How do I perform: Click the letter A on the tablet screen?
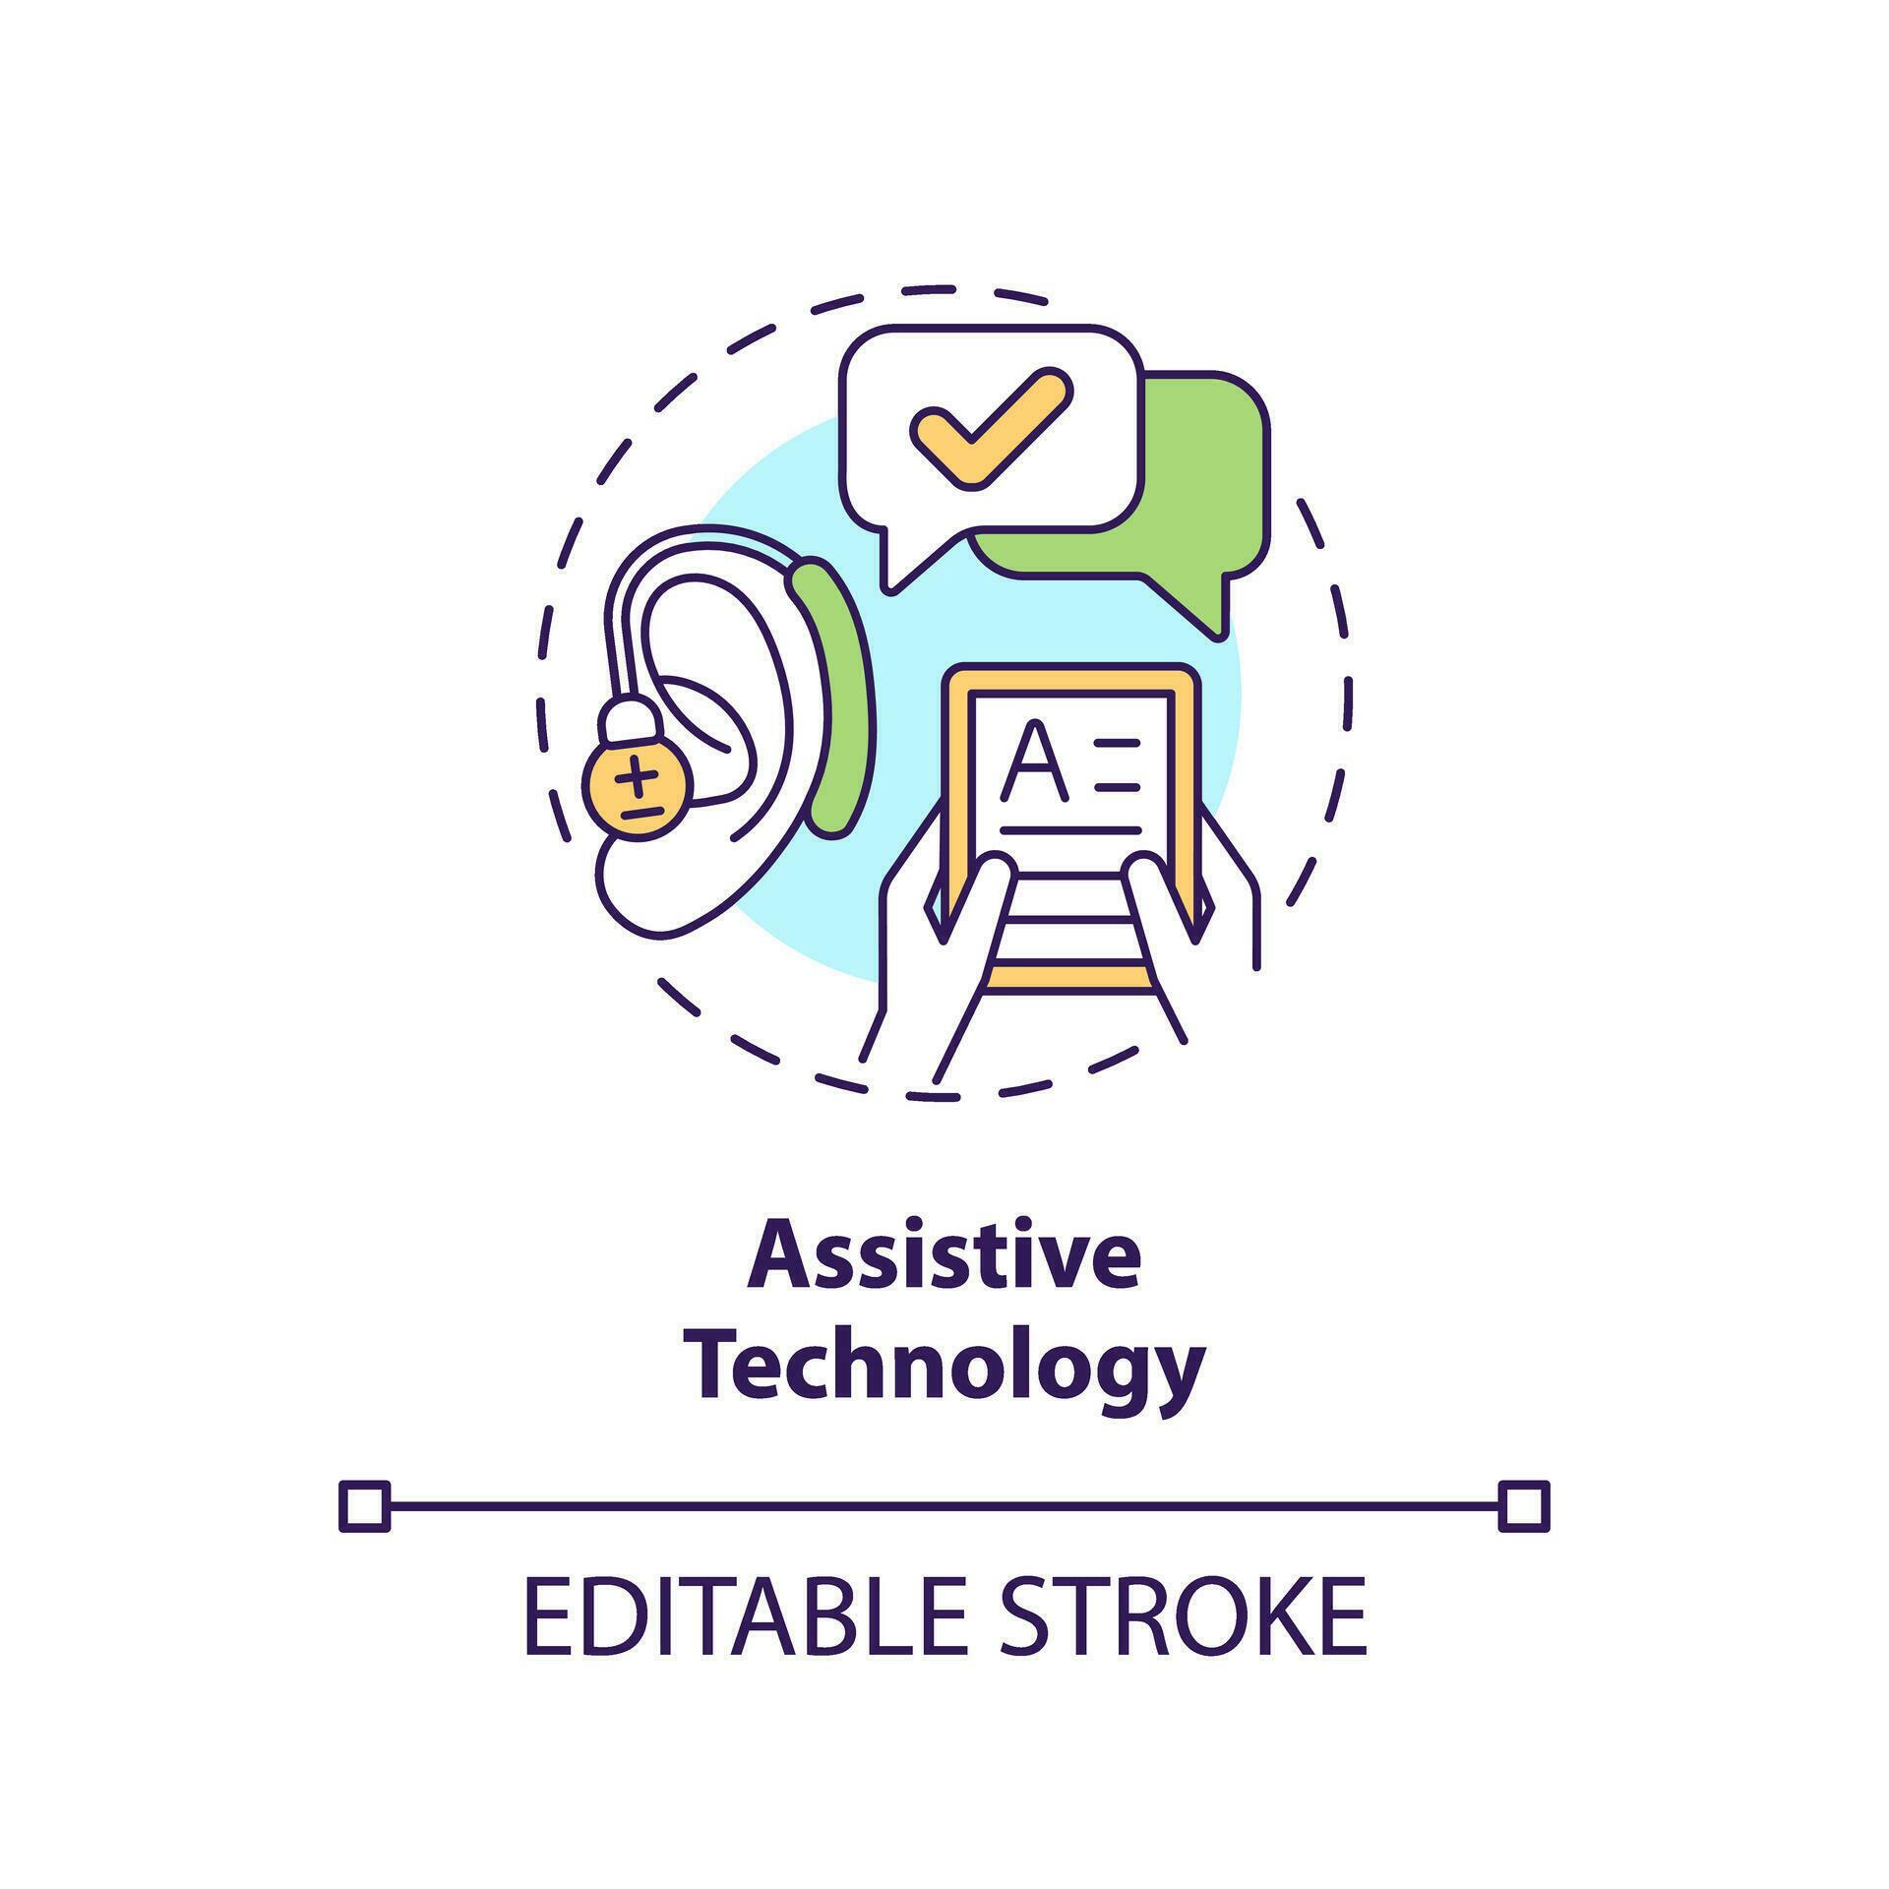(1032, 762)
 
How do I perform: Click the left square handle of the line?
(364, 1505)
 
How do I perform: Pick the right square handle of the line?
(1524, 1505)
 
